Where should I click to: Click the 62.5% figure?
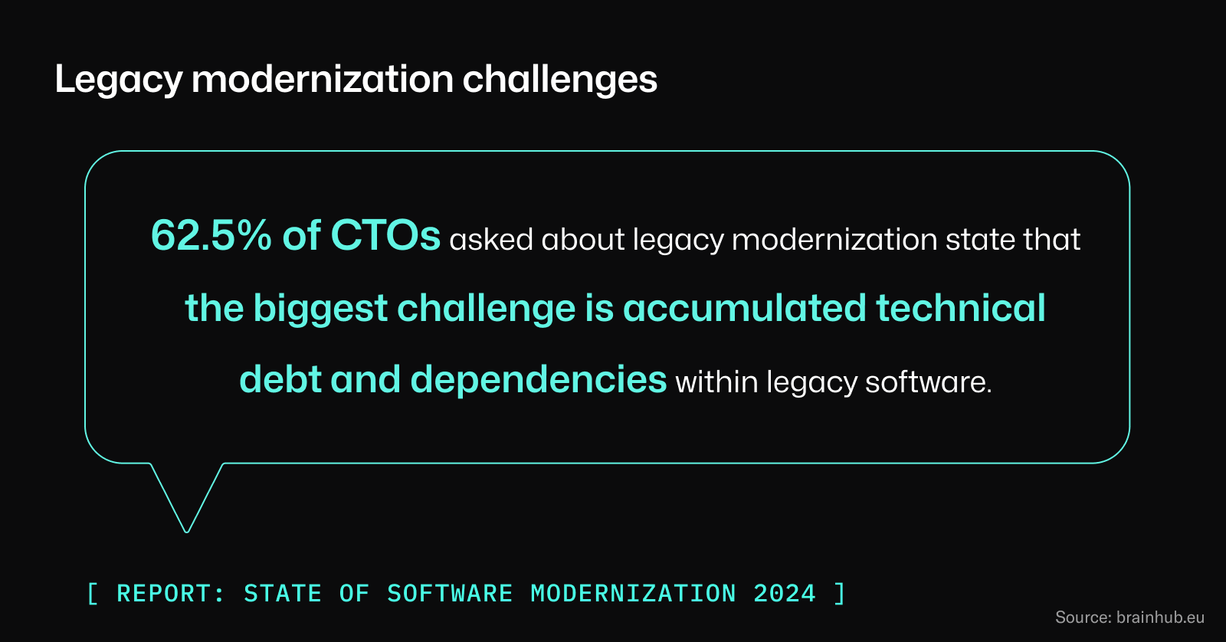(211, 235)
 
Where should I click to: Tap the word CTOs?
(385, 235)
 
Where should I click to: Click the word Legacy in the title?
(119, 80)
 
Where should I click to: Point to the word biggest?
(320, 309)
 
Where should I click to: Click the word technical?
(960, 308)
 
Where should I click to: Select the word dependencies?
(539, 379)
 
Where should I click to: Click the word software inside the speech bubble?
(928, 382)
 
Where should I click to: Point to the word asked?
(491, 240)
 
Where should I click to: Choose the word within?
(716, 382)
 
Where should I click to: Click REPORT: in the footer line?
(171, 594)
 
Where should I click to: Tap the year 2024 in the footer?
(785, 594)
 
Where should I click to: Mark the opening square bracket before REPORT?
(93, 594)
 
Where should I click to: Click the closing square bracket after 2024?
(840, 594)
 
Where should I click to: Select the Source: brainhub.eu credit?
(1129, 617)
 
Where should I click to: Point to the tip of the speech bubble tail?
(187, 530)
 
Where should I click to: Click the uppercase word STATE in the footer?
(283, 594)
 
